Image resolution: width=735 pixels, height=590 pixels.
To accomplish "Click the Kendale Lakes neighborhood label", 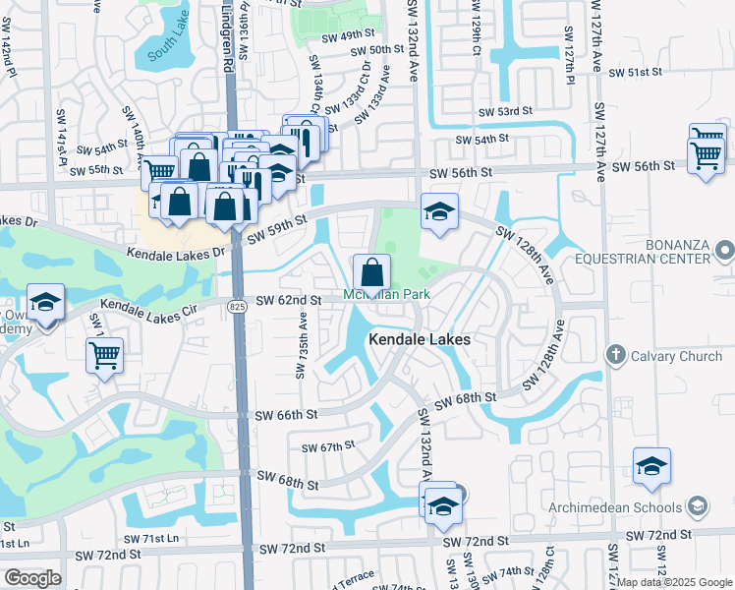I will tap(420, 339).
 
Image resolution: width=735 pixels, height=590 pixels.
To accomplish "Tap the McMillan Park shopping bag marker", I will tap(372, 271).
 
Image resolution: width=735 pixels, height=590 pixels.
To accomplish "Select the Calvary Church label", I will tap(674, 356).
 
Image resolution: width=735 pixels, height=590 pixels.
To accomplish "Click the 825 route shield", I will tap(236, 307).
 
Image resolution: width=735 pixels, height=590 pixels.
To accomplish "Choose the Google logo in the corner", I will tap(33, 577).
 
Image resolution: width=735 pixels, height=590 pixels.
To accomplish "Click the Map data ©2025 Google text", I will tap(674, 582).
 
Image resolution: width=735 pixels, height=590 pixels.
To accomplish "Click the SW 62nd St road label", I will tap(289, 300).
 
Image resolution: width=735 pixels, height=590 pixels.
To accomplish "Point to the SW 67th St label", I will tap(328, 447).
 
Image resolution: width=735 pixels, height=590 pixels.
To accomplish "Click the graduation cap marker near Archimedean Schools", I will tap(651, 467).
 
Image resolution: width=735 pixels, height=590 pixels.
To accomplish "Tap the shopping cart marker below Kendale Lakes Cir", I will tap(104, 354).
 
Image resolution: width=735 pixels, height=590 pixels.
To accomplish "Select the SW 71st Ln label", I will tap(160, 539).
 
